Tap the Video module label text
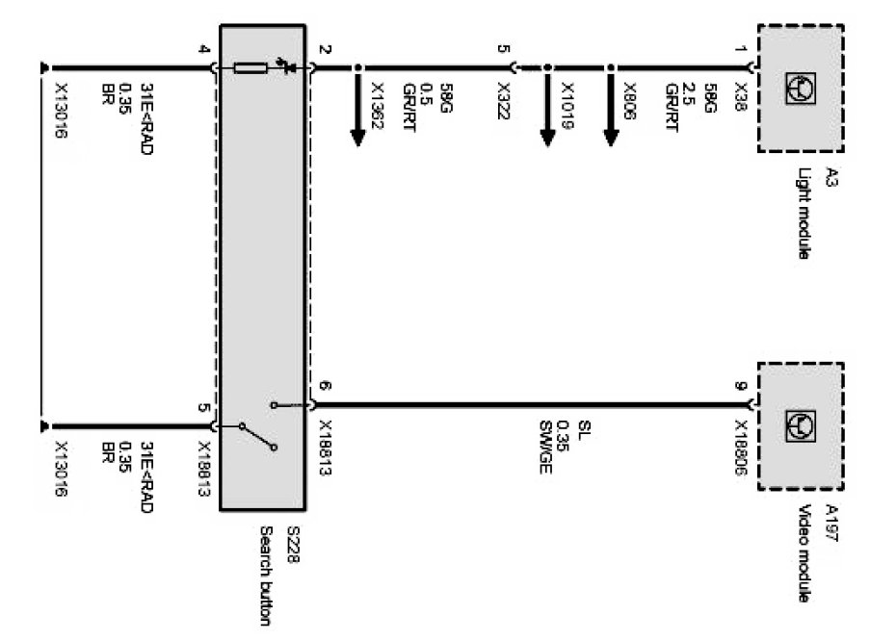click(x=805, y=558)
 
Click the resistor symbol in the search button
click(x=250, y=67)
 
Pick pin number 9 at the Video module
click(x=741, y=387)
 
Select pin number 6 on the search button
click(x=325, y=387)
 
